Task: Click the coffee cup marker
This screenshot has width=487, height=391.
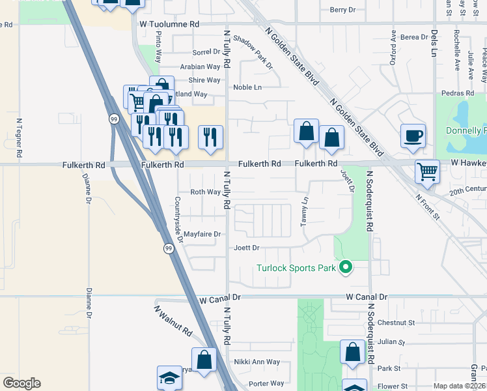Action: tap(413, 136)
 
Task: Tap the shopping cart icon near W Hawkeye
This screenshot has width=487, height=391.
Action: tap(428, 171)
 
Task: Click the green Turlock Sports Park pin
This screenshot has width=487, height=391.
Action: tap(346, 268)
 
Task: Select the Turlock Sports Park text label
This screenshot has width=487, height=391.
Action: tap(296, 268)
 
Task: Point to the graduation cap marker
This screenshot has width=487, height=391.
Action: tap(169, 378)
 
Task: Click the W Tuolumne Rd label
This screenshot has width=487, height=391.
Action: tap(169, 23)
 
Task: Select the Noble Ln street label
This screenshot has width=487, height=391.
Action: tap(247, 87)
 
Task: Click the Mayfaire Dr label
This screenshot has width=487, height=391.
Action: tap(202, 234)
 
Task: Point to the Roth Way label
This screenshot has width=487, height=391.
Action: tap(206, 192)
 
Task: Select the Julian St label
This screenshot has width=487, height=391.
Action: tap(391, 341)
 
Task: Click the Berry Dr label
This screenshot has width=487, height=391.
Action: tap(343, 10)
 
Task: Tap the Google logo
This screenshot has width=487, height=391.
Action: tap(21, 383)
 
